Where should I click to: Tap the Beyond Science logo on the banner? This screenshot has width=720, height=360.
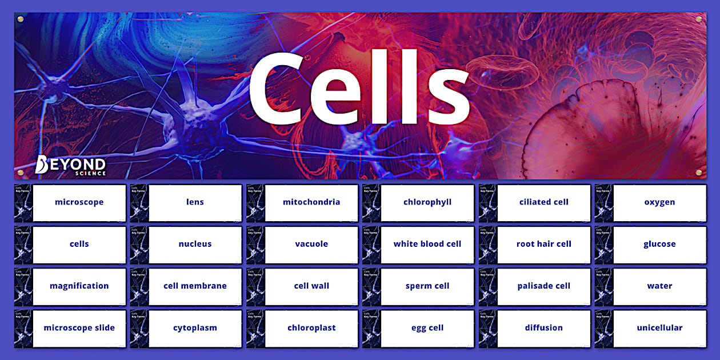tap(70, 165)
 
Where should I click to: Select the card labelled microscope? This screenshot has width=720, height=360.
tap(79, 202)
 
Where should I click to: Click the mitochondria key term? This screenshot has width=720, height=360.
tap(311, 202)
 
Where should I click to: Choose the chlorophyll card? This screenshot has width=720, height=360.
tap(427, 202)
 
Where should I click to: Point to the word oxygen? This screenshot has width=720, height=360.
tap(659, 202)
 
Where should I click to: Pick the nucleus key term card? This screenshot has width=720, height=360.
tap(195, 244)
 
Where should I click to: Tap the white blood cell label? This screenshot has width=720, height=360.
tap(427, 244)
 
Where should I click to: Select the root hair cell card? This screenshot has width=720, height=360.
tap(543, 244)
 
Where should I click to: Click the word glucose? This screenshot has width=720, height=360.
tap(659, 244)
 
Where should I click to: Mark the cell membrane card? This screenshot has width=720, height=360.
tap(195, 286)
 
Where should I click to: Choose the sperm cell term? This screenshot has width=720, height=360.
tap(427, 286)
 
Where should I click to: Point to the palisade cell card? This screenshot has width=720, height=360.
tap(543, 286)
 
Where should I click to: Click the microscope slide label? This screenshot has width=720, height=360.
tap(79, 328)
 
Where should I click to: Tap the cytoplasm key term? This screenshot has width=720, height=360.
tap(195, 328)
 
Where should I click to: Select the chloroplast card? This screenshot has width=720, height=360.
tap(311, 328)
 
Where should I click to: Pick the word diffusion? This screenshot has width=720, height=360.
tap(543, 328)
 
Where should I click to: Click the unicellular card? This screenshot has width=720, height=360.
tap(659, 328)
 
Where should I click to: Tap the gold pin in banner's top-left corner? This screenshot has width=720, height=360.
tap(21, 19)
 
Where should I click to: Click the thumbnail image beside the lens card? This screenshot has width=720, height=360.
tap(139, 203)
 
